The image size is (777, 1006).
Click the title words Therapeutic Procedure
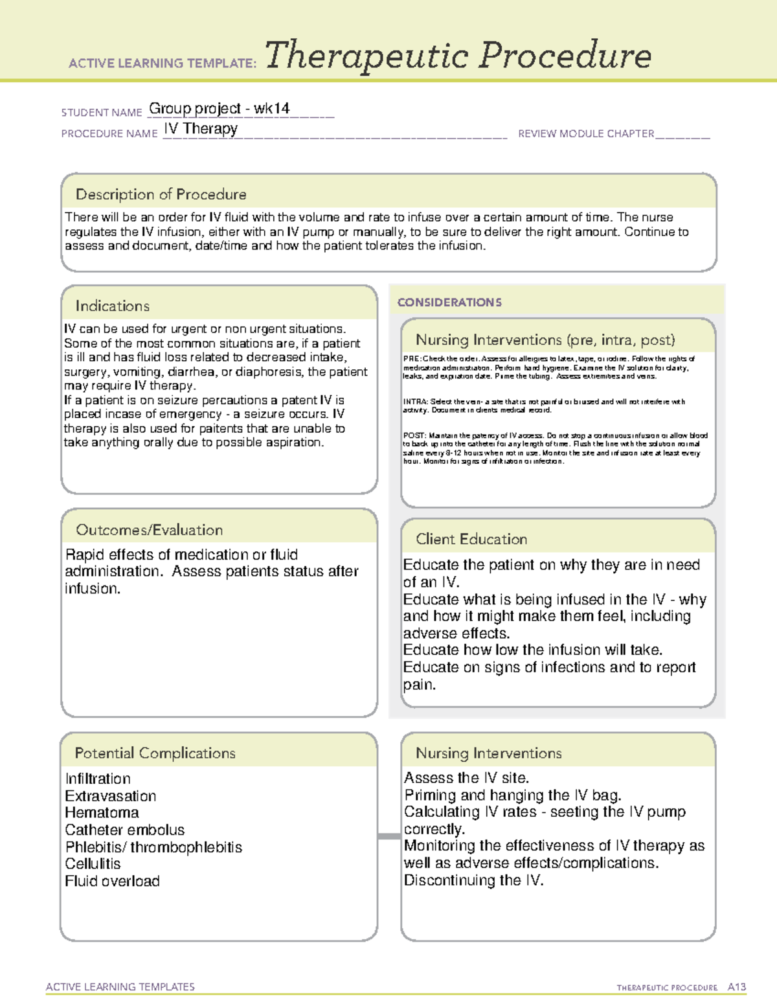[458, 56]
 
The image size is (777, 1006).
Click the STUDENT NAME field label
[102, 113]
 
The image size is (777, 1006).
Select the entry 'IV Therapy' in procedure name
[201, 129]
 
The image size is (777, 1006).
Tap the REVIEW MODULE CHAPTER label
[586, 134]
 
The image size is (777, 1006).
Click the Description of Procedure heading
[161, 194]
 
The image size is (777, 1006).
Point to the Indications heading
[113, 306]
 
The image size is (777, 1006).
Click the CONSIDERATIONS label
[449, 303]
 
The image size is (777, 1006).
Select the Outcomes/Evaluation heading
[150, 530]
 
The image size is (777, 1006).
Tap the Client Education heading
[471, 539]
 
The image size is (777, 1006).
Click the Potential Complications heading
[155, 753]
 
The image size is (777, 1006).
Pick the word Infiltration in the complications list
[98, 779]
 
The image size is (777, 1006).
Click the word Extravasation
[111, 796]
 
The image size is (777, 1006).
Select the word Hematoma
[102, 813]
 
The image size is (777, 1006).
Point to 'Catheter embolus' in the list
[125, 830]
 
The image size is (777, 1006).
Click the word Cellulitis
[93, 864]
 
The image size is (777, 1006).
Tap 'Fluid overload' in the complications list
[112, 881]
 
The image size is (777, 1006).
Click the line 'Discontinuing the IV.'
[474, 880]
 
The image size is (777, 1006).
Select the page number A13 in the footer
[737, 987]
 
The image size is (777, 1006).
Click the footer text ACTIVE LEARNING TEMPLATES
[120, 987]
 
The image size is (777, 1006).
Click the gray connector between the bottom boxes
[389, 836]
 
